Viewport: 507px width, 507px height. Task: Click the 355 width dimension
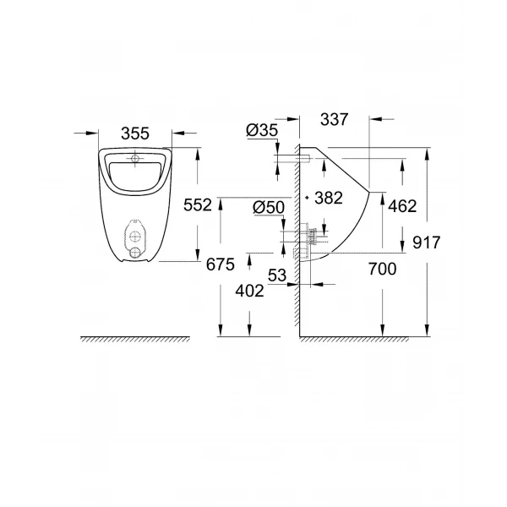click(x=135, y=133)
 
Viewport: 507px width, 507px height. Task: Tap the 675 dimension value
click(x=219, y=264)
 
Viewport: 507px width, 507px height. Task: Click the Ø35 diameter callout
click(x=261, y=129)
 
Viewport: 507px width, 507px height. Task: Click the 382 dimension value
click(x=326, y=198)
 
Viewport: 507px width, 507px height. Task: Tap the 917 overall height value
click(x=427, y=243)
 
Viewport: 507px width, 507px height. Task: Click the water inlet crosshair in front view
click(x=136, y=159)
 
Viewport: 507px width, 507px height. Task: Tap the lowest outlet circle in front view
click(x=135, y=251)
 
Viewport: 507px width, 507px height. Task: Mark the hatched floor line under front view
click(x=135, y=340)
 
